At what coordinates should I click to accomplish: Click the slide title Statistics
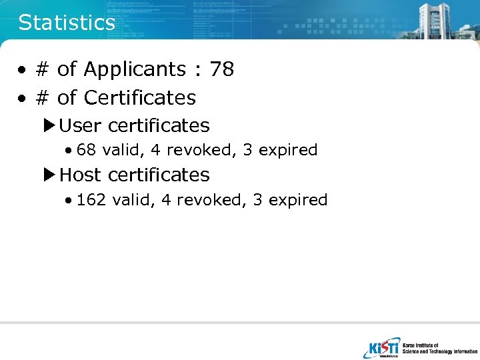pos(67,23)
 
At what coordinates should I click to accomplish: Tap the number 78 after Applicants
pos(221,69)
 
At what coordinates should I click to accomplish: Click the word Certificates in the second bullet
pos(140,98)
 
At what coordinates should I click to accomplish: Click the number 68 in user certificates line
pos(86,150)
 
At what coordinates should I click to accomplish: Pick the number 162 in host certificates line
pos(91,200)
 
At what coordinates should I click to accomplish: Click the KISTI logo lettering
pos(383,348)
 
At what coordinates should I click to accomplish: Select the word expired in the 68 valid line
pos(288,151)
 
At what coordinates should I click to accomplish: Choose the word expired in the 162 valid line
pos(298,201)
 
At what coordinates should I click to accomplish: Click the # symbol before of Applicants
pos(43,69)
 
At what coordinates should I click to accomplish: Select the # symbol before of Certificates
pos(43,98)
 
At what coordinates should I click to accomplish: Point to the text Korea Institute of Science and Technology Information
pos(439,348)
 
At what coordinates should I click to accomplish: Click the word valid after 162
pos(133,200)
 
